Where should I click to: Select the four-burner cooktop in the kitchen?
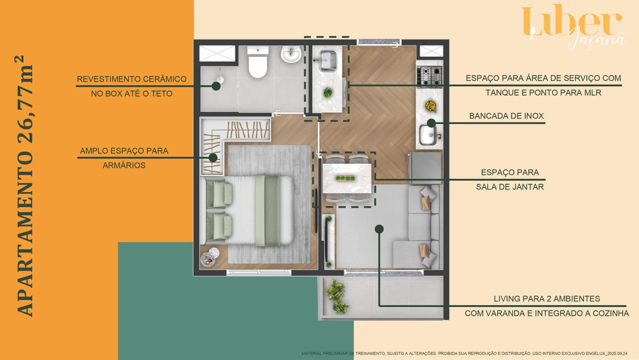pos(430,76)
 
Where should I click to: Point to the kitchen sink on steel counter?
pos(427,135)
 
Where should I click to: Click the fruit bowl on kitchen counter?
pos(431,106)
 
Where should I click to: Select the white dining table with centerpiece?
pos(347,178)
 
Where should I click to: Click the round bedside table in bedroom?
pos(210,257)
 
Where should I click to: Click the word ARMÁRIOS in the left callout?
pos(124,165)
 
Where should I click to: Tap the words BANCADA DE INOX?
pos(506,116)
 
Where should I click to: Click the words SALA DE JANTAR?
pos(510,187)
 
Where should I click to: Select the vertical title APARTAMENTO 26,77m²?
pos(25,186)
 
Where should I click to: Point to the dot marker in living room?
pos(379,229)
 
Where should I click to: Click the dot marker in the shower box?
pos(216,86)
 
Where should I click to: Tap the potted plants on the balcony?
pos(337,296)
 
